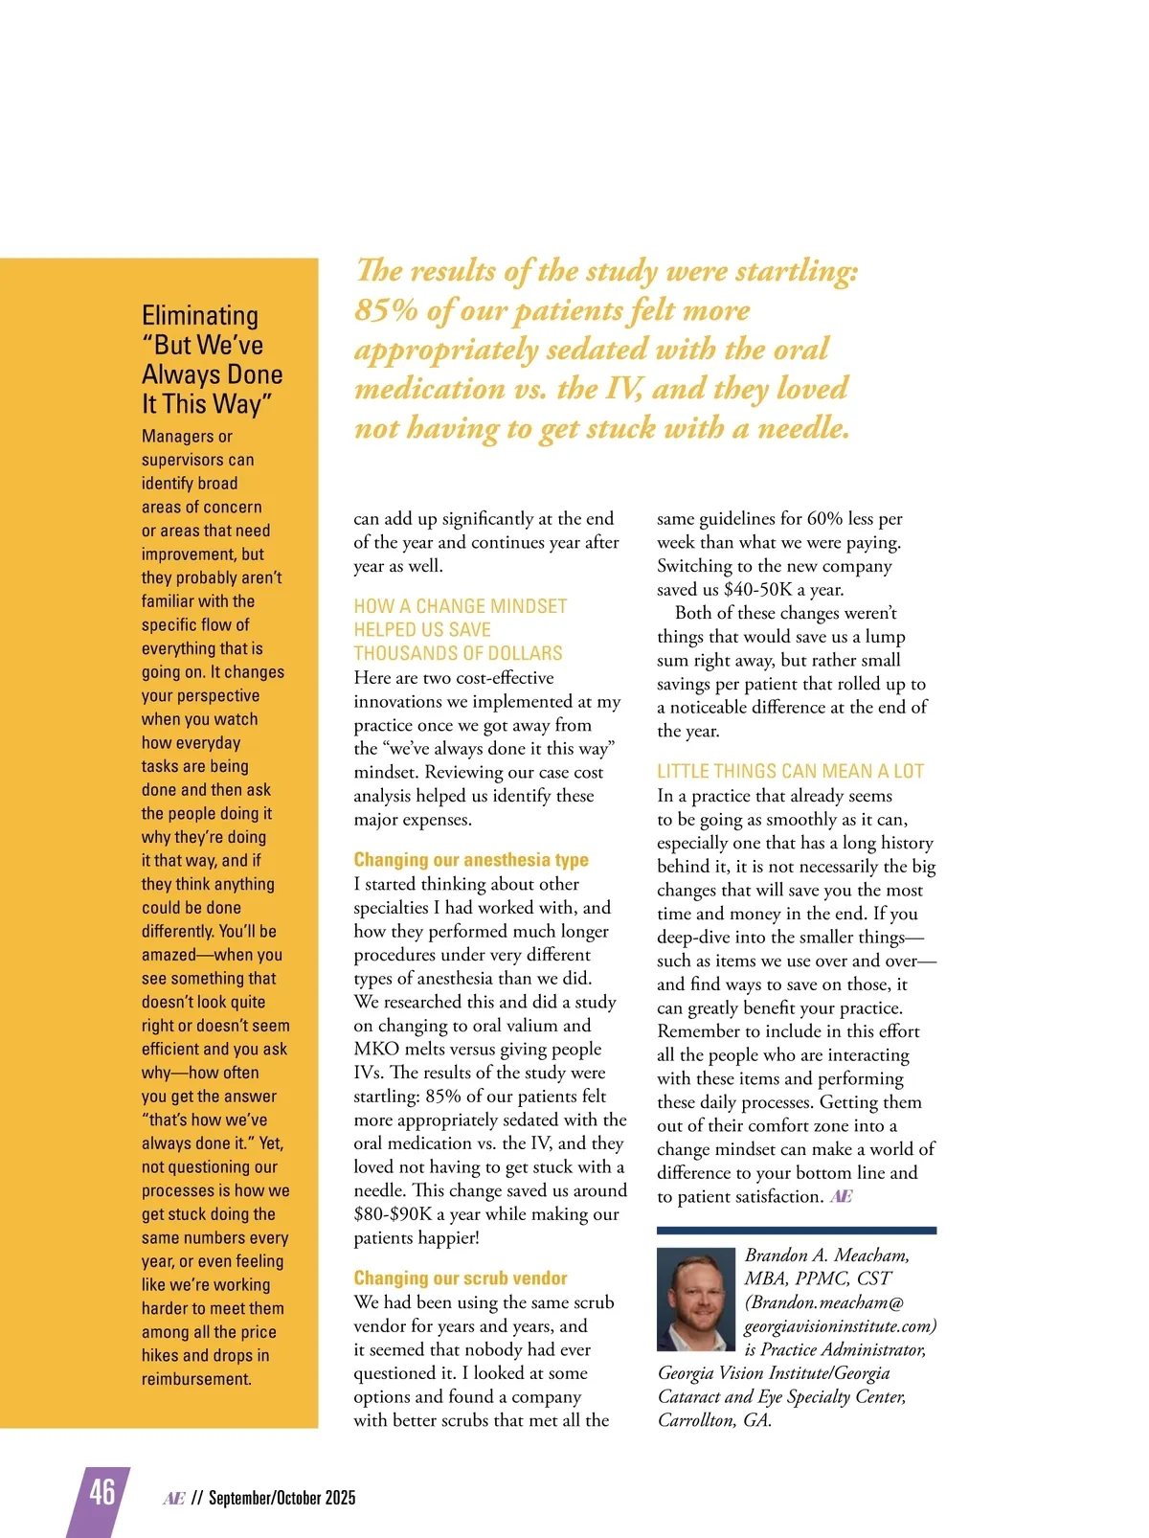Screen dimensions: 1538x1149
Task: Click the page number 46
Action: [x=102, y=1492]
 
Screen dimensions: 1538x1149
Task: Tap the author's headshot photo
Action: [x=696, y=1299]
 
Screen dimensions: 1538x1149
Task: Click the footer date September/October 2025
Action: [x=282, y=1498]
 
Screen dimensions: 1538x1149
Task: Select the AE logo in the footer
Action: [x=173, y=1498]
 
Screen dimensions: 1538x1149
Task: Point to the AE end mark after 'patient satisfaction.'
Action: [x=841, y=1196]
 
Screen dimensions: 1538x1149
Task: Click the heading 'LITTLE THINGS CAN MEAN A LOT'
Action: [x=790, y=771]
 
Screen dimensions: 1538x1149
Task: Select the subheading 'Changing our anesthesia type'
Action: [x=471, y=860]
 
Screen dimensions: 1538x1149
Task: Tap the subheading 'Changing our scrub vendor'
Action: [x=461, y=1278]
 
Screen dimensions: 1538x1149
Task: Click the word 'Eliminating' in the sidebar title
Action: [x=200, y=316]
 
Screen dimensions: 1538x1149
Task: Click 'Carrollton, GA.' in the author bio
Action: [x=714, y=1420]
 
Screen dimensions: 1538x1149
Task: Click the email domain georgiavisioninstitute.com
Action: [x=840, y=1326]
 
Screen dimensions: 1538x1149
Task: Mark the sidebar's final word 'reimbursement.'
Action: [x=196, y=1379]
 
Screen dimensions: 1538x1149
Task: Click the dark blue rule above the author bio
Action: [x=797, y=1231]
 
